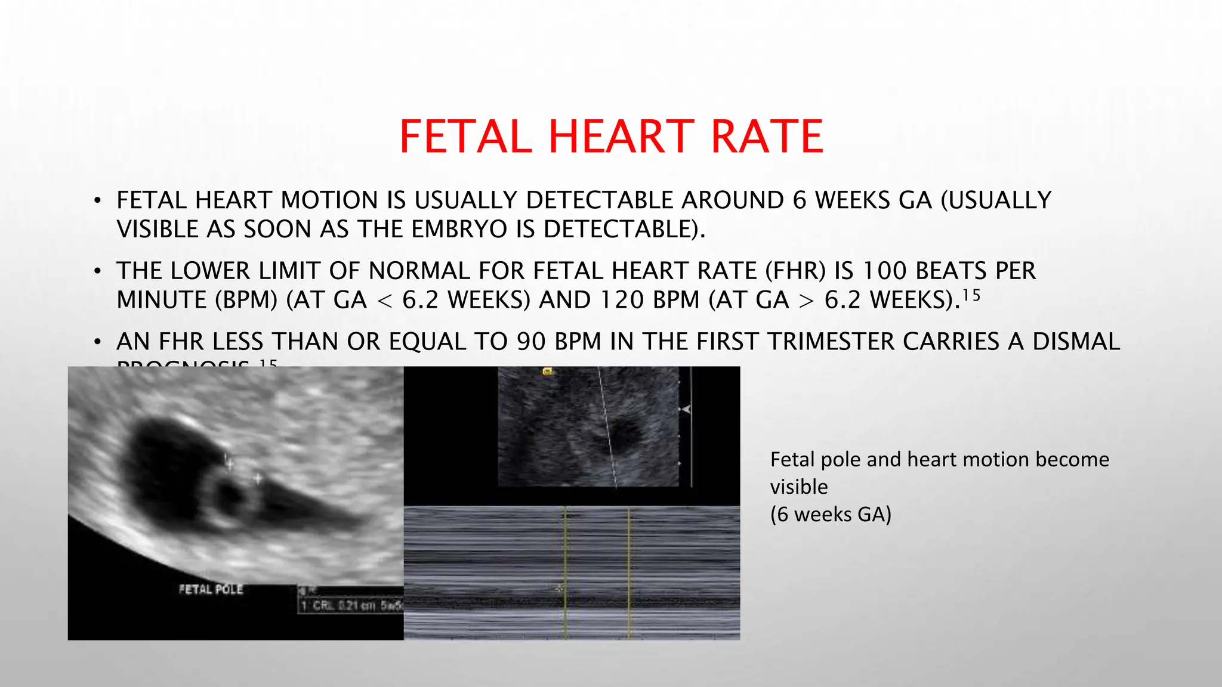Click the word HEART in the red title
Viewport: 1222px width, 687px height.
pyautogui.click(x=621, y=137)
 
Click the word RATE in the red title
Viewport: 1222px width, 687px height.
pyautogui.click(x=767, y=137)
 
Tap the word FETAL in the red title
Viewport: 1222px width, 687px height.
pyautogui.click(x=465, y=137)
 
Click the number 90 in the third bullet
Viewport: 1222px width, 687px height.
pyautogui.click(x=532, y=342)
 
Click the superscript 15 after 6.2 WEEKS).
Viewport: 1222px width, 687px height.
pyautogui.click(x=971, y=295)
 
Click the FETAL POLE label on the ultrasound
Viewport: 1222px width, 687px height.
pyautogui.click(x=211, y=589)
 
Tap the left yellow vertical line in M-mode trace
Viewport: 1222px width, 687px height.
pyautogui.click(x=566, y=572)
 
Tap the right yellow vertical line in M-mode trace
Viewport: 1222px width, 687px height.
pyautogui.click(x=629, y=572)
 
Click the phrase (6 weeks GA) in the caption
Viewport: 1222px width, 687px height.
pyautogui.click(x=830, y=514)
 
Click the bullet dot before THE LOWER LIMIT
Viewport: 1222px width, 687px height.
pyautogui.click(x=97, y=272)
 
